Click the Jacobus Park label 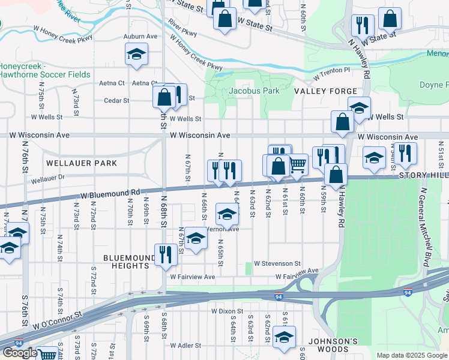click(x=254, y=91)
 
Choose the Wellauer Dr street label click(x=47, y=179)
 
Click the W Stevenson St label click(x=277, y=263)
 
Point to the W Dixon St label click(x=227, y=312)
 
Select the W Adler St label click(x=185, y=346)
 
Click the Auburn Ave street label click(x=140, y=37)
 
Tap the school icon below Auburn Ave click(x=137, y=55)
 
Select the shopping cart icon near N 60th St click(x=298, y=164)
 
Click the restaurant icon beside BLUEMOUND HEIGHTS click(x=164, y=254)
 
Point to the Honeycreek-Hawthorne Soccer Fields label click(x=45, y=70)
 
